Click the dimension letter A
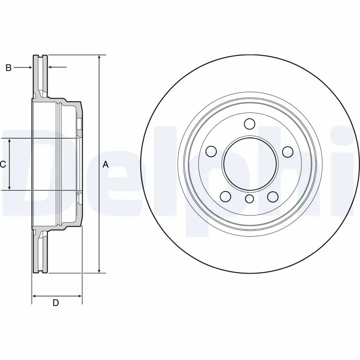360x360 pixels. pyautogui.click(x=106, y=164)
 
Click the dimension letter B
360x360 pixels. pyautogui.click(x=8, y=67)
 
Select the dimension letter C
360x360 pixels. pyautogui.click(x=3, y=164)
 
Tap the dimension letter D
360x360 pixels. pyautogui.click(x=55, y=303)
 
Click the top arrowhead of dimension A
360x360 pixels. pyautogui.click(x=99, y=57)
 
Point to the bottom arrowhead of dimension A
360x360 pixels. pyautogui.click(x=99, y=271)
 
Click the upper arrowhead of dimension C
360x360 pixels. pyautogui.click(x=10, y=140)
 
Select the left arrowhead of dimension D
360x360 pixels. pyautogui.click(x=34, y=296)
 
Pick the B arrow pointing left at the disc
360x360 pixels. pyautogui.click(x=50, y=67)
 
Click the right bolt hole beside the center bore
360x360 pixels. pyautogui.click(x=287, y=152)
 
